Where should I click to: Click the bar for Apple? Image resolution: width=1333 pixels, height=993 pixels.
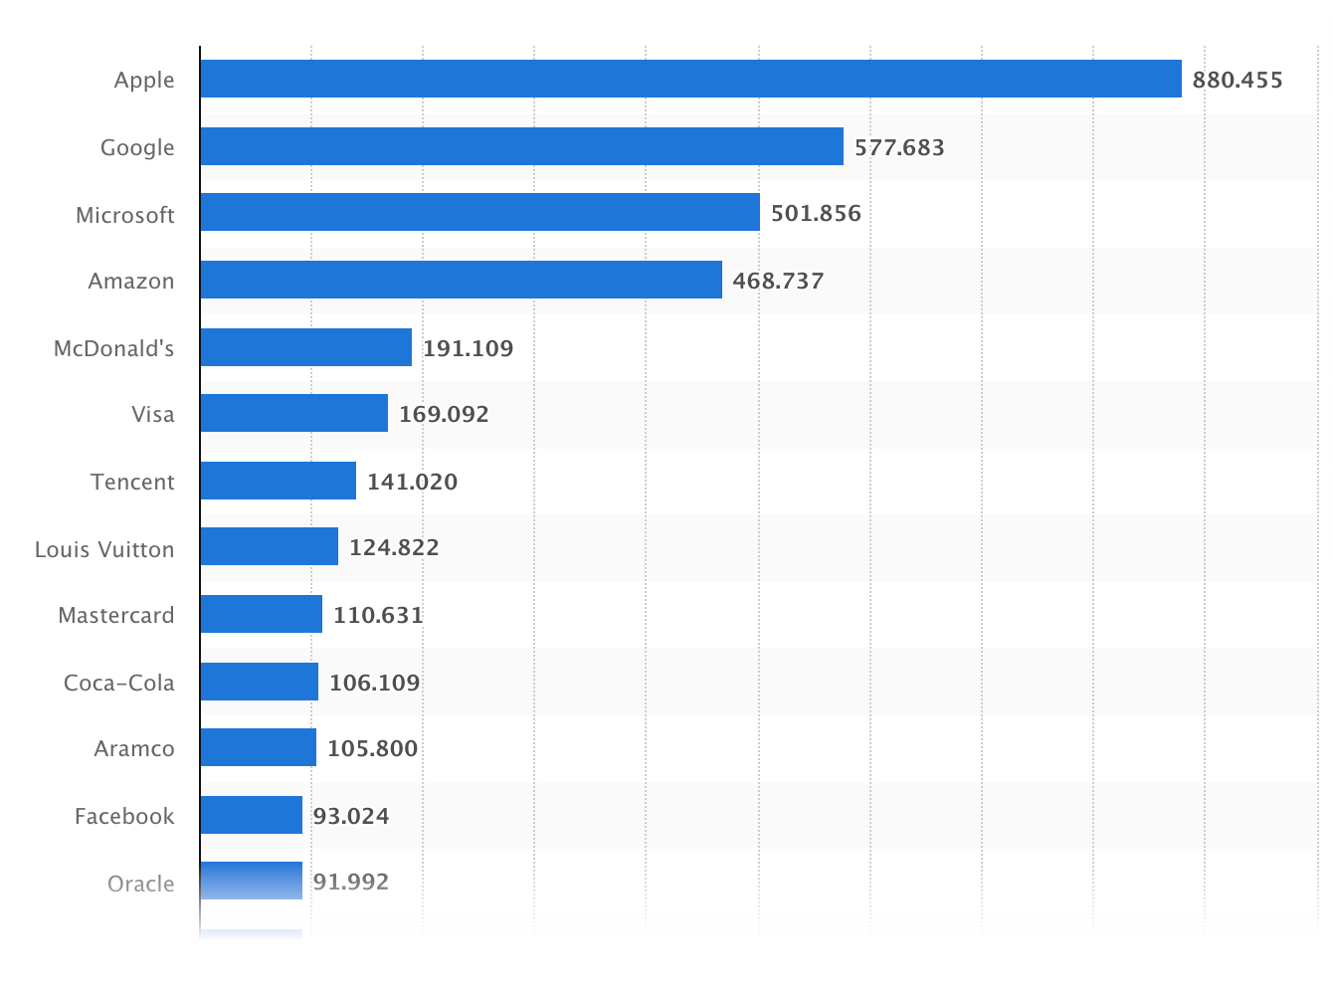(x=690, y=79)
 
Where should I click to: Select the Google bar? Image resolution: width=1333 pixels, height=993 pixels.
(x=521, y=146)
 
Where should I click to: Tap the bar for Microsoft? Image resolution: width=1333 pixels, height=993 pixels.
(x=479, y=213)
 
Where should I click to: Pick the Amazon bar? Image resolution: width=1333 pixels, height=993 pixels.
(x=461, y=280)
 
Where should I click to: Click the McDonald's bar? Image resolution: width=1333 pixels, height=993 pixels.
(x=305, y=347)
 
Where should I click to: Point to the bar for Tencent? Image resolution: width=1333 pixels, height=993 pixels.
(x=278, y=481)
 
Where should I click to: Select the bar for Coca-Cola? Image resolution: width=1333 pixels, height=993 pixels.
(x=259, y=682)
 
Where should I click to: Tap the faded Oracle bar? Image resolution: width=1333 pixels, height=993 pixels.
(x=251, y=881)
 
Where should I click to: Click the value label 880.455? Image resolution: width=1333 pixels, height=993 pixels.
(x=1238, y=80)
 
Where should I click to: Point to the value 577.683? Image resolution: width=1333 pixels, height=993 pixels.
(x=899, y=147)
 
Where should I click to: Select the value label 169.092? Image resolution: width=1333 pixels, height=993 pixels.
(x=444, y=414)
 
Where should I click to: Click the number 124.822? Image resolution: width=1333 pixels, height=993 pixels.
(x=394, y=547)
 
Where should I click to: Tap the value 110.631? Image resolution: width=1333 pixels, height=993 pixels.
(x=378, y=615)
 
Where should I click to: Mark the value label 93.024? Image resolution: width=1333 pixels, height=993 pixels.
(x=351, y=816)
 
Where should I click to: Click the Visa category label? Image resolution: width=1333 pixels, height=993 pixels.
(x=153, y=414)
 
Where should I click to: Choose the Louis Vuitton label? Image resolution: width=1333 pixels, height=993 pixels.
(x=104, y=549)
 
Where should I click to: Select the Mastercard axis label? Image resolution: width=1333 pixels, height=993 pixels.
(x=116, y=615)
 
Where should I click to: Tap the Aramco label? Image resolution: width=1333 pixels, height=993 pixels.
(x=134, y=748)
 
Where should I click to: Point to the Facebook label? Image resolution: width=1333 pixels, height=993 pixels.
(x=124, y=816)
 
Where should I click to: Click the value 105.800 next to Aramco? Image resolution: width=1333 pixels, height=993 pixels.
(x=372, y=748)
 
